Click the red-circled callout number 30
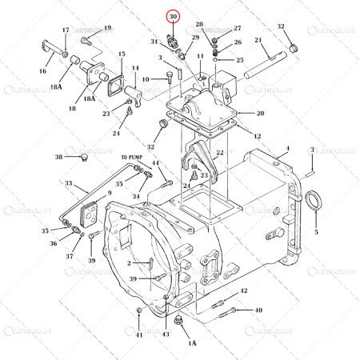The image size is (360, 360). pos(172,15)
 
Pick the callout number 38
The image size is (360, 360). pos(58,156)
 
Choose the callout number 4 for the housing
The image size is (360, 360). pos(286,149)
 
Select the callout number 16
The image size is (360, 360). pos(43,70)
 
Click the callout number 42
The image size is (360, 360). pos(244,290)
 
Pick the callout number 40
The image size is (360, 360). pos(258,310)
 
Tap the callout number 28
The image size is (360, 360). pos(199,26)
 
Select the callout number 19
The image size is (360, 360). pos(108,28)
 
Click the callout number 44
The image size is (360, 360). pos(155,163)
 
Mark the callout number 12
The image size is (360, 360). pos(257,137)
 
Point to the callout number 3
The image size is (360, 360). pos(311,150)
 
